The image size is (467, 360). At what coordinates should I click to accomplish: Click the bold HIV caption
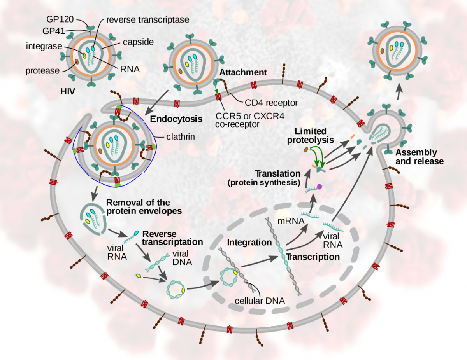click(x=68, y=92)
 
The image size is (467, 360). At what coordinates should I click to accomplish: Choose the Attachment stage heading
click(x=243, y=72)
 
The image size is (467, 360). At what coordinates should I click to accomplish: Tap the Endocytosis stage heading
click(x=176, y=119)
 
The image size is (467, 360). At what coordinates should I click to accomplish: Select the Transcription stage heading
click(x=313, y=257)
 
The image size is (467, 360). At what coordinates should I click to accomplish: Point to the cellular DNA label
click(x=260, y=301)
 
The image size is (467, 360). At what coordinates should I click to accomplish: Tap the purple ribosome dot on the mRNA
click(x=320, y=187)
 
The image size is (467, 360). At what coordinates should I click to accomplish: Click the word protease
click(x=42, y=71)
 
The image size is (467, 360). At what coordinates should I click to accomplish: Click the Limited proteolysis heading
click(x=311, y=136)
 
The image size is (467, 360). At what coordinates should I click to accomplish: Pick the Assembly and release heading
click(x=416, y=156)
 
